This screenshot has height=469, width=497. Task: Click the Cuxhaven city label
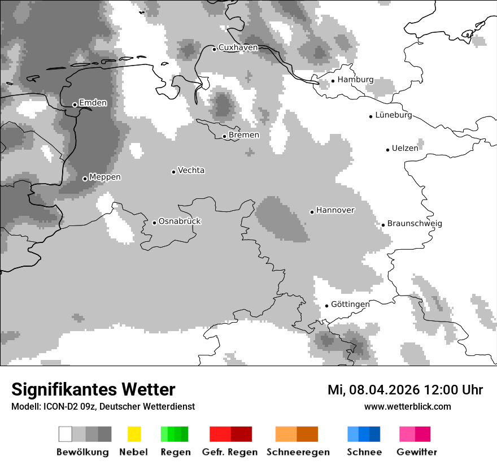(238, 47)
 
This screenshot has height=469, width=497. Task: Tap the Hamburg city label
(355, 80)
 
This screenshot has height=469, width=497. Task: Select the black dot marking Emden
(75, 105)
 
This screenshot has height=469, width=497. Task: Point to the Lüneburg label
(394, 115)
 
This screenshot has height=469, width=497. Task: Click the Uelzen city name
(405, 149)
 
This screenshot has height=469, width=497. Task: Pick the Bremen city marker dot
(224, 136)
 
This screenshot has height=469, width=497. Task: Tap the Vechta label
(191, 170)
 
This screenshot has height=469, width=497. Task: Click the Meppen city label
(105, 177)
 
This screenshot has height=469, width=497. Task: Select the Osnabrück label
(180, 222)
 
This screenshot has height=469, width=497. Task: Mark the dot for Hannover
(312, 212)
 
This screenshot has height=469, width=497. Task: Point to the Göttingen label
(350, 305)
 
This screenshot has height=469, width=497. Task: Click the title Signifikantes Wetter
(93, 389)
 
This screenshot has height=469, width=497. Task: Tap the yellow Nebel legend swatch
(134, 434)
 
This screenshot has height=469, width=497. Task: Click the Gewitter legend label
(417, 452)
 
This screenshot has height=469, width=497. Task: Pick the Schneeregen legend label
(298, 452)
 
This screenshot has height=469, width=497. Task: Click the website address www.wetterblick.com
(408, 406)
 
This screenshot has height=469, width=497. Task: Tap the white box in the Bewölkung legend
(66, 434)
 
